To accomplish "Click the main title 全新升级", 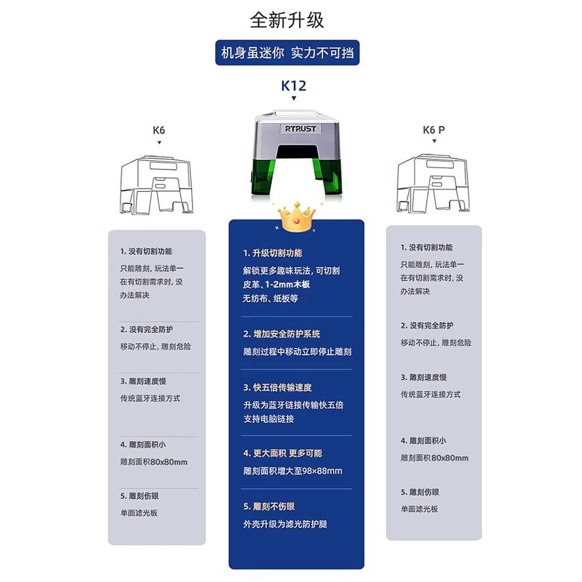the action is (287, 20).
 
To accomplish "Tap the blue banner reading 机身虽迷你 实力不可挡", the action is (288, 53).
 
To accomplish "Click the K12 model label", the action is (293, 86).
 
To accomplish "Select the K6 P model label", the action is (434, 130).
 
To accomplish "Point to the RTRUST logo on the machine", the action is (300, 129).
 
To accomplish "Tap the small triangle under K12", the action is (294, 98).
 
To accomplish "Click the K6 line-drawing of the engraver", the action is (156, 185).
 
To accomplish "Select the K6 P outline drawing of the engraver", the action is (433, 183).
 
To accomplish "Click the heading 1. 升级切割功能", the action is (272, 253).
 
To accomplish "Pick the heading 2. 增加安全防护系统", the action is (281, 334).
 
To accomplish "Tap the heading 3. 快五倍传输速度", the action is (277, 388).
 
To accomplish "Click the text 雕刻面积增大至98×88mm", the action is (293, 471).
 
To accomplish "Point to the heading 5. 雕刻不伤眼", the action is (269, 507).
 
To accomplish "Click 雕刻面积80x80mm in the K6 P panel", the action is (434, 458).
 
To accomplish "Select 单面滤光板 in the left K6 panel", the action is (139, 513).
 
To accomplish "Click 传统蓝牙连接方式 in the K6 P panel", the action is (430, 395).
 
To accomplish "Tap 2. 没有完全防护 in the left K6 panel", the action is (146, 329).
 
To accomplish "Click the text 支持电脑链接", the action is (268, 419).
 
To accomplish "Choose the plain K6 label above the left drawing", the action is (159, 130).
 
